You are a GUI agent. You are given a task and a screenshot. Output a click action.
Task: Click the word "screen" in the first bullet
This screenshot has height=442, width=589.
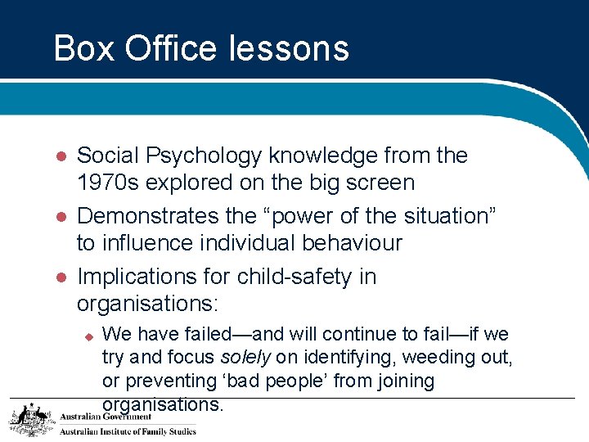(x=377, y=183)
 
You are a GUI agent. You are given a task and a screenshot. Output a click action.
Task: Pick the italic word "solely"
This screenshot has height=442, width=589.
(x=245, y=358)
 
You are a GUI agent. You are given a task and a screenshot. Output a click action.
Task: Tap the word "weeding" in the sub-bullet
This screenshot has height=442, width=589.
(x=433, y=358)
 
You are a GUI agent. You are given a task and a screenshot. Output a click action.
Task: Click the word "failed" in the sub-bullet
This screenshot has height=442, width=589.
(x=200, y=335)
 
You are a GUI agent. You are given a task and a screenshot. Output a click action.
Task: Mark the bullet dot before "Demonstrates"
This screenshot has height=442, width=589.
(x=59, y=217)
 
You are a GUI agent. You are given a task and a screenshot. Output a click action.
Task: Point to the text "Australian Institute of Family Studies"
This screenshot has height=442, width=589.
(x=128, y=431)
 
